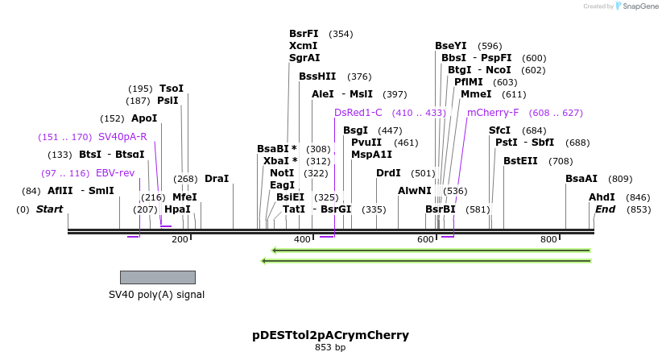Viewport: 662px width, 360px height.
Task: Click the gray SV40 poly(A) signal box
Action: pos(157,277)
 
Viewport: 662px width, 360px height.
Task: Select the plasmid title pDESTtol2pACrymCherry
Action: pos(330,335)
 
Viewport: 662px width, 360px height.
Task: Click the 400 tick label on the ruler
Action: pos(302,240)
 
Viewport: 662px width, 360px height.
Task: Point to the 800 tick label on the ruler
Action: pos(548,240)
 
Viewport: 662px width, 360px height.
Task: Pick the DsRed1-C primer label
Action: pos(358,113)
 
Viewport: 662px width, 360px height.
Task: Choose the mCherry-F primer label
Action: pos(493,113)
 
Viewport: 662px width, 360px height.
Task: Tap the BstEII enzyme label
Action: pos(520,161)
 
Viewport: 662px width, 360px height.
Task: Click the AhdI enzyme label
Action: pos(602,197)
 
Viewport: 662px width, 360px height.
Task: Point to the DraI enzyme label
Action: pos(217,179)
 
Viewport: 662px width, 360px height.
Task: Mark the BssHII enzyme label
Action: pos(317,77)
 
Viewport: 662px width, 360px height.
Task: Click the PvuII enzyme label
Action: pos(366,143)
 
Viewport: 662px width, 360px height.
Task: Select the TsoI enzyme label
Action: pos(172,89)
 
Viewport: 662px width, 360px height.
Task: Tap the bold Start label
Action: pos(49,209)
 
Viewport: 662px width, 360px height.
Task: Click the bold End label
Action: pos(605,209)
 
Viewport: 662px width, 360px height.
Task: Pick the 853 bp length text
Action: pos(330,348)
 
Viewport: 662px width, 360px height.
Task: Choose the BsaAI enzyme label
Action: pos(581,179)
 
